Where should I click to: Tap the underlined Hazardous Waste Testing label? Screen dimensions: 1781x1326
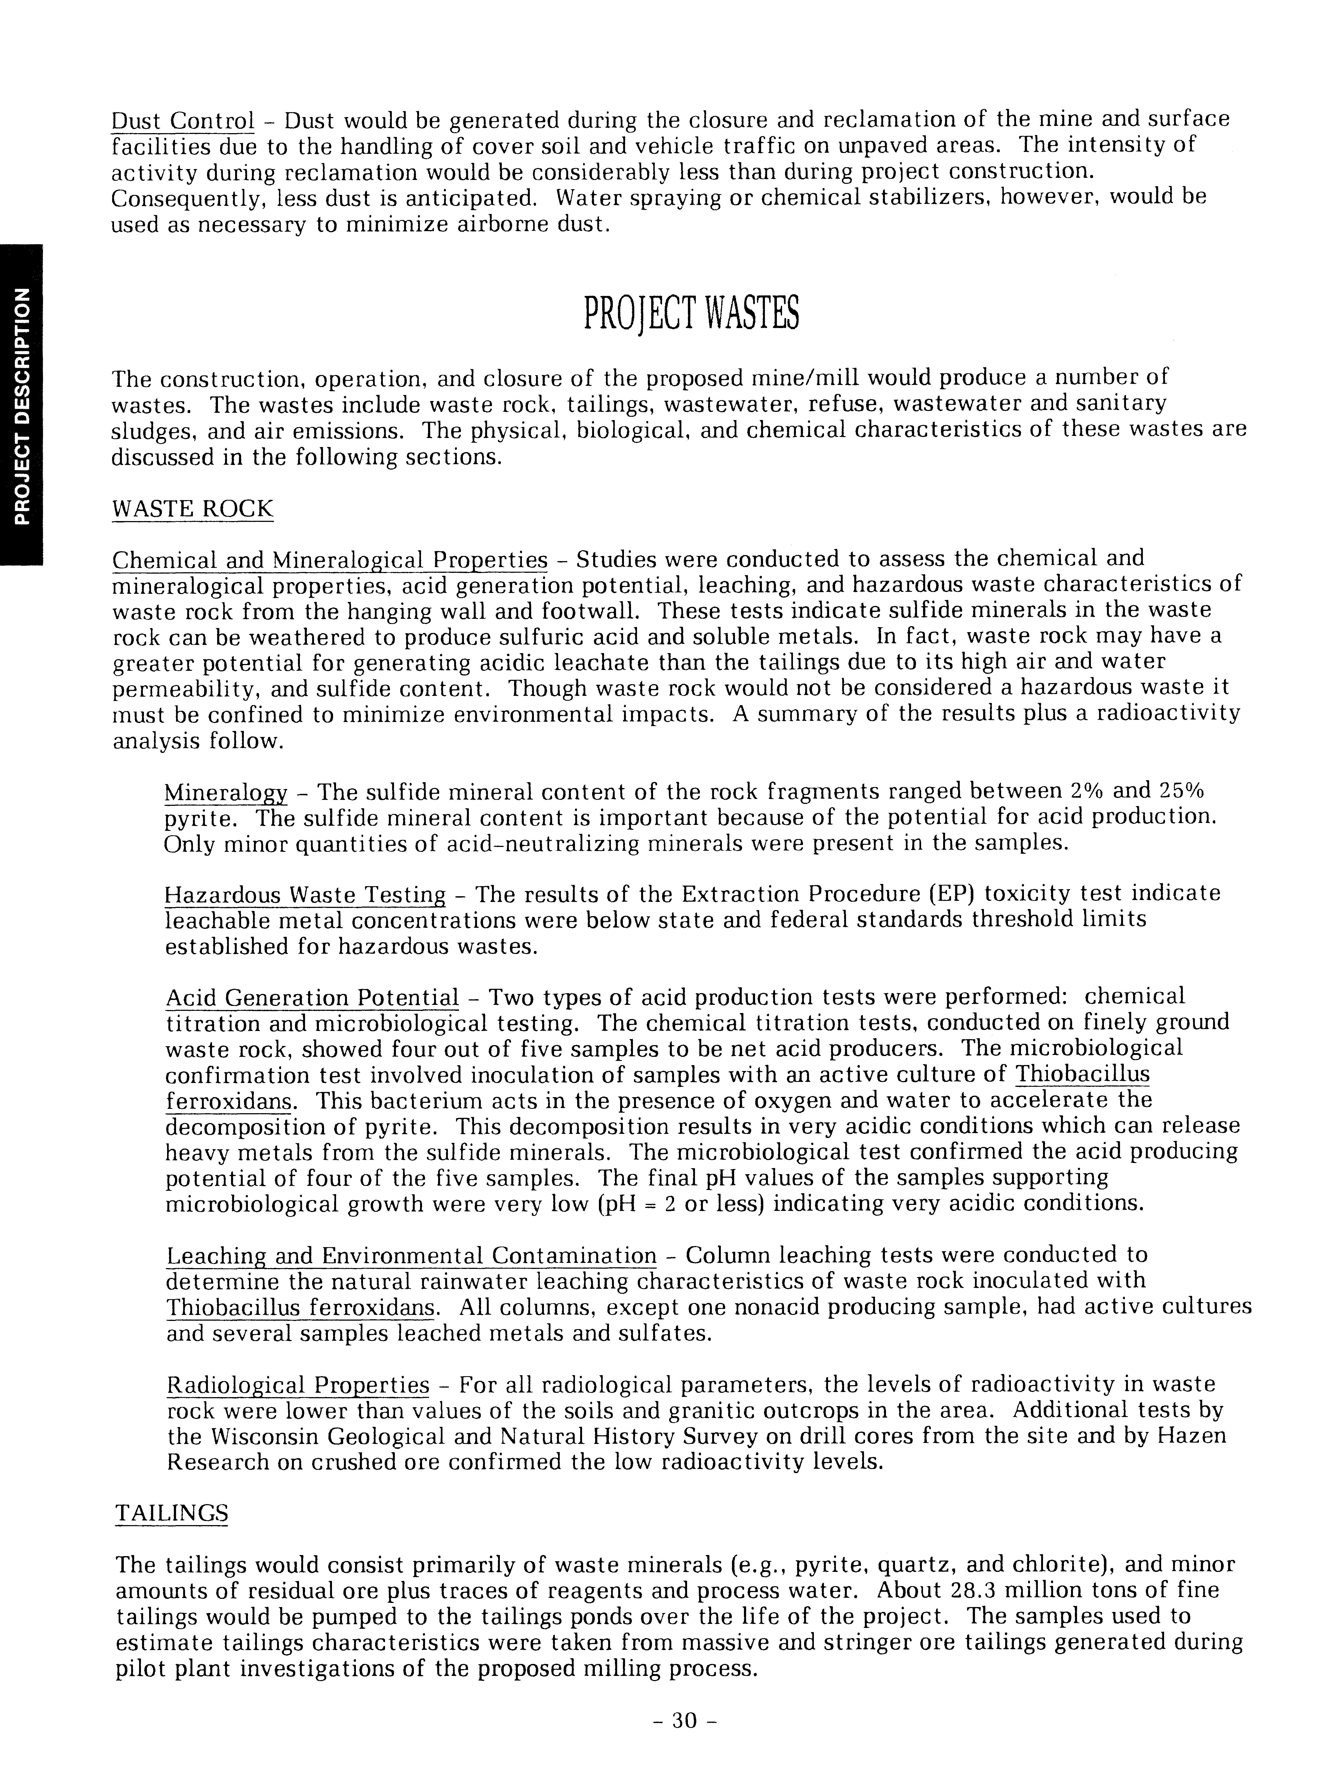point(305,895)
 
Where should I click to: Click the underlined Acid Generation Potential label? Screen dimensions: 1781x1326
point(312,997)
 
